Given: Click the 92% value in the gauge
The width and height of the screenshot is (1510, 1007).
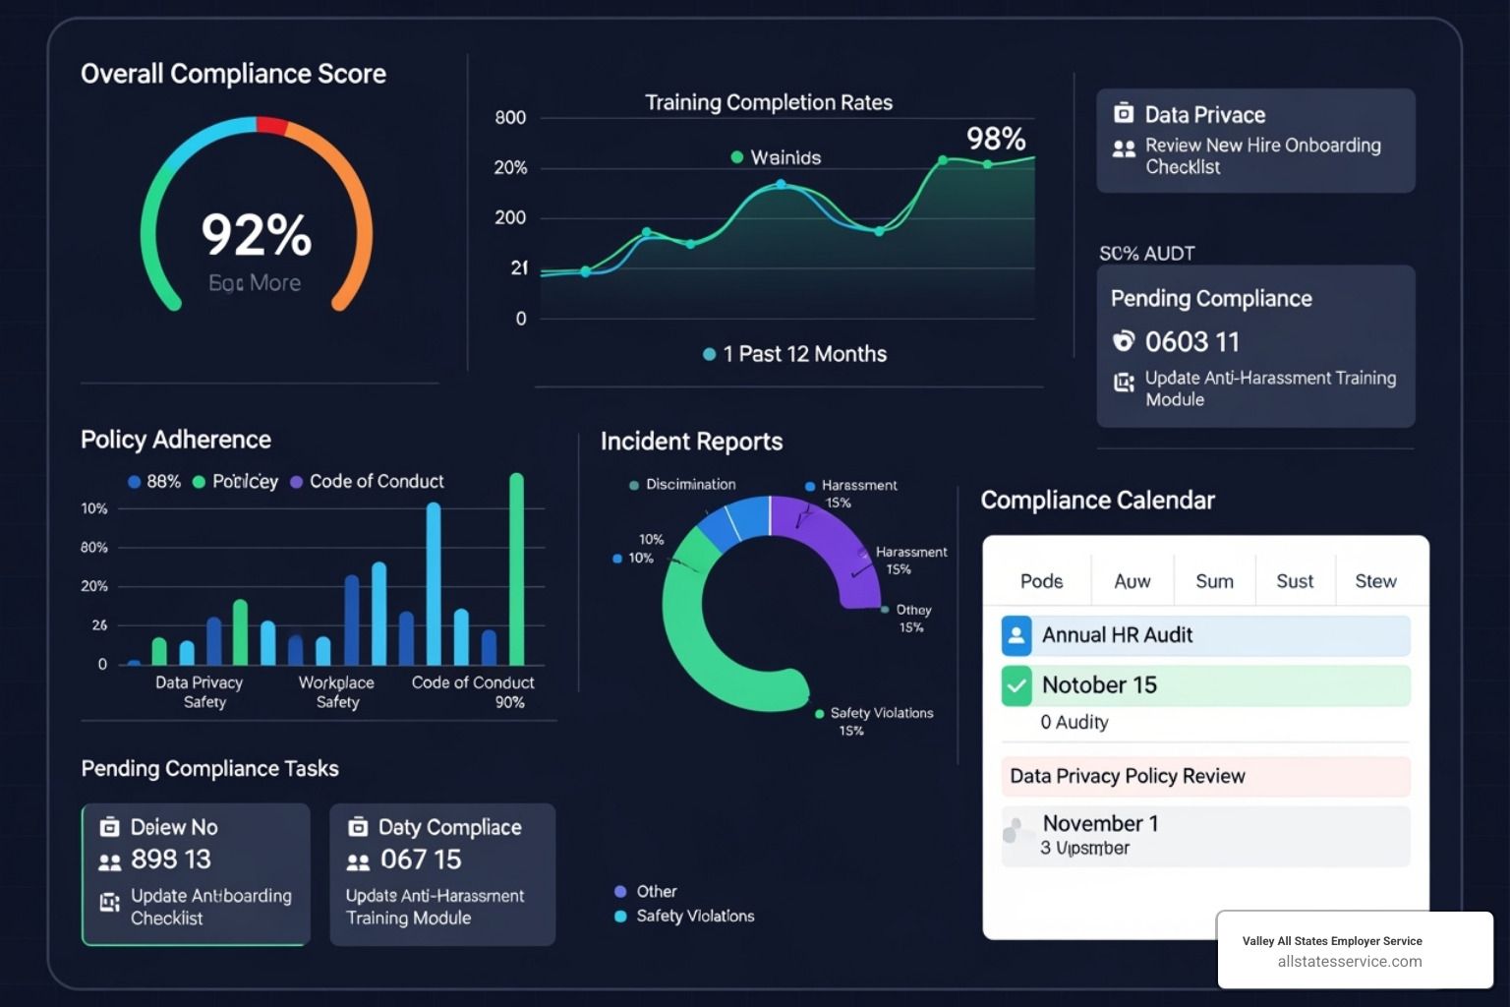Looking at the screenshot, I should point(256,235).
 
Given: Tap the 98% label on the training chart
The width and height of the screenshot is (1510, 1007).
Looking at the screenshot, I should point(995,139).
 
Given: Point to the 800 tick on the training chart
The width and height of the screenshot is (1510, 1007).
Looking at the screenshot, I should point(510,118).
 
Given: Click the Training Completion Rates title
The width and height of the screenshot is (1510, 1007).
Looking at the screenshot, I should point(768,102).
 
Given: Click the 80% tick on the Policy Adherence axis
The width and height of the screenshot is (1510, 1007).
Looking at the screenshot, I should point(94,548).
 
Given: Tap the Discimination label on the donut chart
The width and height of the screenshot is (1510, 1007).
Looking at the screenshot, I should point(690,485).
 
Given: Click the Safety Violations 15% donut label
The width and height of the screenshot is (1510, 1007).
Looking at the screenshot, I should point(880,720).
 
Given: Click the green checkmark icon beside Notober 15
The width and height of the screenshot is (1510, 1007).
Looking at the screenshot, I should point(1016,685).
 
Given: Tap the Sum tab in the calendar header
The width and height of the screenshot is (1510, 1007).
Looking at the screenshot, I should point(1214,581).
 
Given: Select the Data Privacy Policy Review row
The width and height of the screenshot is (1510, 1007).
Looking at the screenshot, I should point(1205,776).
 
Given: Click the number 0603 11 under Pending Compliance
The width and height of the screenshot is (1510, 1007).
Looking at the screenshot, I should point(1191,341).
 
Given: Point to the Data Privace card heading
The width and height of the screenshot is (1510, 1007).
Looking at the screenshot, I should point(1204,115).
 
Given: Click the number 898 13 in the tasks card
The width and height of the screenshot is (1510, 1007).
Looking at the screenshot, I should point(171,859).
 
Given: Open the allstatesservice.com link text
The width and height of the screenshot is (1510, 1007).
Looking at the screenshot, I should point(1349,962).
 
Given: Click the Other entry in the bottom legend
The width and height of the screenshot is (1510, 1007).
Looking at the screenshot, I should point(656,891).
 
